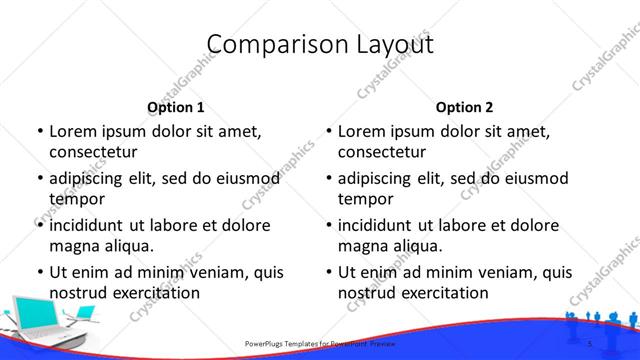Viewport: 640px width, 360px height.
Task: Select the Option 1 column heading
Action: tap(175, 107)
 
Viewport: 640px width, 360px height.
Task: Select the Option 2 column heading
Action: tap(464, 107)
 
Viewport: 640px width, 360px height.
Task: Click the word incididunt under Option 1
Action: tap(92, 225)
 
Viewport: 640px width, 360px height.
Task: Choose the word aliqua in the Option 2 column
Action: tap(417, 246)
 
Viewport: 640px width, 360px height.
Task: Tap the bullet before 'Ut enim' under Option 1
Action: tap(39, 272)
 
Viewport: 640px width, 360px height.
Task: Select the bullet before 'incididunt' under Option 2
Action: tap(328, 225)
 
